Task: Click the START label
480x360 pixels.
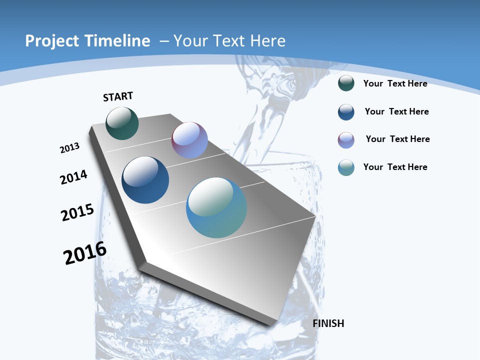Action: point(118,96)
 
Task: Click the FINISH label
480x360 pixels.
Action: point(328,323)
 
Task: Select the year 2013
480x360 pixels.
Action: point(70,148)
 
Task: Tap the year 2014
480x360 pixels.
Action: point(74,177)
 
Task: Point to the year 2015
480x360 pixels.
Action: point(77,212)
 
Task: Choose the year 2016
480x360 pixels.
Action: point(85,253)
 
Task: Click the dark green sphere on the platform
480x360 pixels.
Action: point(122,123)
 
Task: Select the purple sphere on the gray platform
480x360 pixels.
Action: point(189,140)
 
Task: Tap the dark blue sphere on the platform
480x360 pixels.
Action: point(145,180)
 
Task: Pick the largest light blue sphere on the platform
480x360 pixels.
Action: point(216,207)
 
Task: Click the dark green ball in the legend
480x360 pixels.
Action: point(346,83)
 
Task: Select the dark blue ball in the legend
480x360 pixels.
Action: point(346,112)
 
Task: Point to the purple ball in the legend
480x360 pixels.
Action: point(346,140)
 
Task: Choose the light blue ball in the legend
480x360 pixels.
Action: point(346,167)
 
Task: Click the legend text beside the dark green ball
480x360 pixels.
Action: point(395,83)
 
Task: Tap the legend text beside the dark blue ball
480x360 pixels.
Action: point(396,111)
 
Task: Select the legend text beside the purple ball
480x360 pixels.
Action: point(397,139)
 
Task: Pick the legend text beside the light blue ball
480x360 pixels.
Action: point(395,167)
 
